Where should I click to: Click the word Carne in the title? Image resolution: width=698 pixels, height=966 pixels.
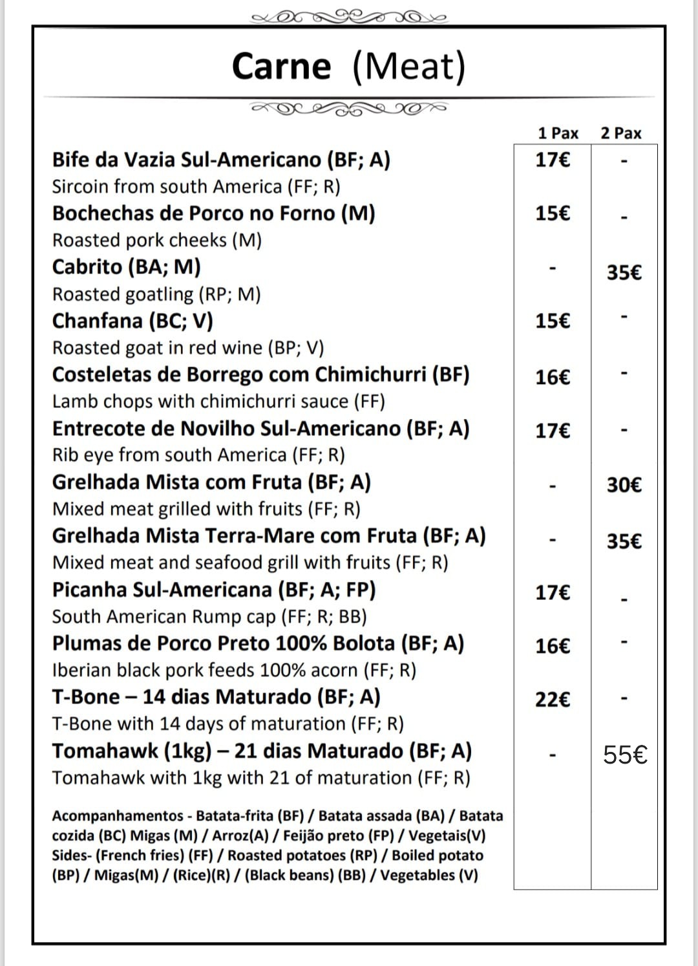point(281,66)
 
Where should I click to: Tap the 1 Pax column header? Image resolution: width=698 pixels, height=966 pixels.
point(558,133)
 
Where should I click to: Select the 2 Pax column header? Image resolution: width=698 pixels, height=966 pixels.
point(620,133)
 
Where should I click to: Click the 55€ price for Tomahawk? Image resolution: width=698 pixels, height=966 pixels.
point(625,755)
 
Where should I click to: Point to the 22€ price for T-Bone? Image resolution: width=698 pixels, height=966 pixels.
point(553,699)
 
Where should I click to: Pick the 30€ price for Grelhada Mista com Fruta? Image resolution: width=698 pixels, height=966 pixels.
point(624,484)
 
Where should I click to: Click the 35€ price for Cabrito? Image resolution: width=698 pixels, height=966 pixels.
point(624,272)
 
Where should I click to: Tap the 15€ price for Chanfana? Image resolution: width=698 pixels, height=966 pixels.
point(553,321)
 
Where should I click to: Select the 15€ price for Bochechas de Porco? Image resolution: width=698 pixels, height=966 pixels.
point(553,213)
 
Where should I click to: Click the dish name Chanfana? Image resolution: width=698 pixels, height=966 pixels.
point(97,321)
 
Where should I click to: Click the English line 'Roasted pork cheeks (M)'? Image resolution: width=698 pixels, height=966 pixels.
point(157,240)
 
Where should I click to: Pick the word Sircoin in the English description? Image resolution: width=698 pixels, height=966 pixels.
point(80,187)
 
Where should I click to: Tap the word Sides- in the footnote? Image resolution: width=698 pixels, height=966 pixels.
point(72,855)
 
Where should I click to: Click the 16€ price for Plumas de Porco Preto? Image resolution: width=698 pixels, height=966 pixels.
point(553,645)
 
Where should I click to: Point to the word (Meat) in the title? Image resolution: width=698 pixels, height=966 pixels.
point(409,66)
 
